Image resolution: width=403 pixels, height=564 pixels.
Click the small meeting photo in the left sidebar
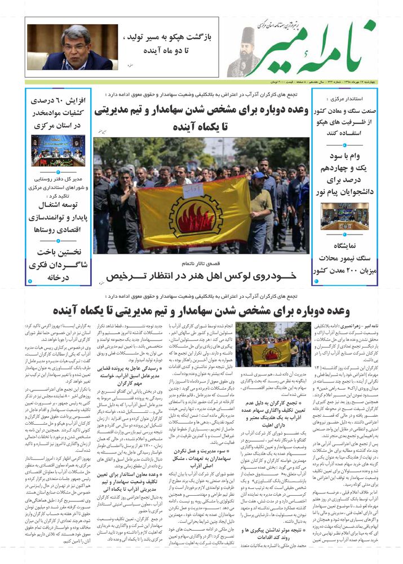click(x=58, y=150)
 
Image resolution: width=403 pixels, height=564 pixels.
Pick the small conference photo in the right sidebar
click(x=345, y=216)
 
